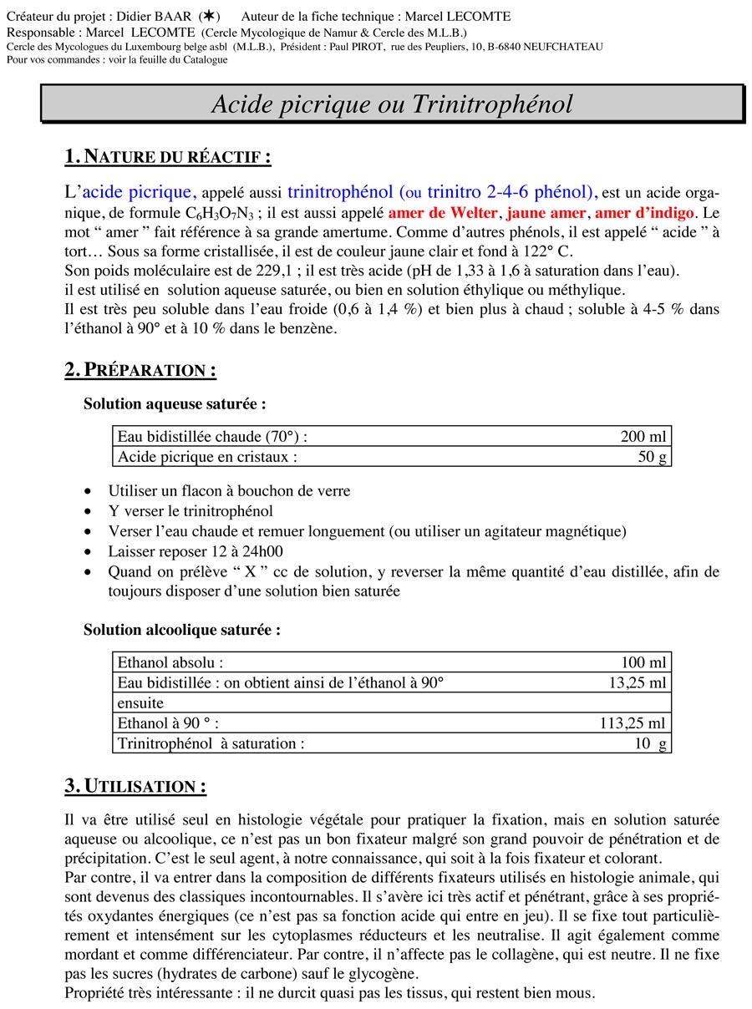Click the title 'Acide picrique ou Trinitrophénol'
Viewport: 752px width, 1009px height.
pyautogui.click(x=392, y=104)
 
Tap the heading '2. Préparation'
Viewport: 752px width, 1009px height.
pyautogui.click(x=140, y=370)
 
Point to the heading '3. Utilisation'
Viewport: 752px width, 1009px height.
pyautogui.click(x=135, y=786)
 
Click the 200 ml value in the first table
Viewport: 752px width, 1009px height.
pyautogui.click(x=643, y=436)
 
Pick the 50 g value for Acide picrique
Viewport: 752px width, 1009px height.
pyautogui.click(x=652, y=456)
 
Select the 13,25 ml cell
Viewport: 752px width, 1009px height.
pyautogui.click(x=638, y=682)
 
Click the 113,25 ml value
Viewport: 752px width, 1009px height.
pyautogui.click(x=633, y=723)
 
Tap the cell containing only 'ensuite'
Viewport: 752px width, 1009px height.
pyautogui.click(x=140, y=702)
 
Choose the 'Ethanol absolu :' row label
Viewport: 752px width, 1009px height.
pyautogui.click(x=170, y=662)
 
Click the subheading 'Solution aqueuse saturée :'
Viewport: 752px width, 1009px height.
pyautogui.click(x=175, y=403)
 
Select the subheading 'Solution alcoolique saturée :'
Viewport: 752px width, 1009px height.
pyautogui.click(x=181, y=630)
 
